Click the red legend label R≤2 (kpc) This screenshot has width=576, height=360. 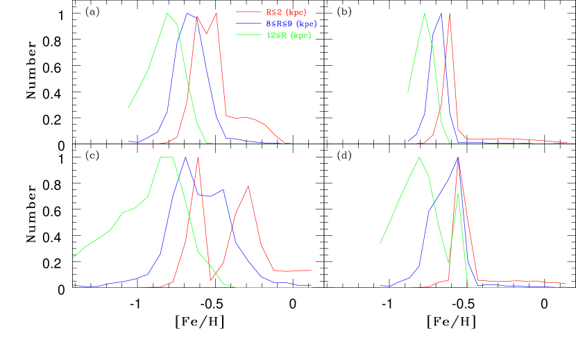[x=287, y=12]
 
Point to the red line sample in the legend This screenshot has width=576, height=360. [x=248, y=12]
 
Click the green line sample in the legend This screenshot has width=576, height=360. [x=248, y=35]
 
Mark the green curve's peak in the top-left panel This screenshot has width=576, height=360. [x=167, y=13]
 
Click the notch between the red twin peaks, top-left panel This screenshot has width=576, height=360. [x=207, y=33]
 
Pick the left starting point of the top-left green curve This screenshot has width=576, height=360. [x=128, y=108]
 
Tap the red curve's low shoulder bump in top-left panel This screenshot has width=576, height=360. [x=246, y=117]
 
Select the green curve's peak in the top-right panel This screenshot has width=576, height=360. [x=424, y=13]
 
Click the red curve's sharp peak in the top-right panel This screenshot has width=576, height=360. [x=450, y=13]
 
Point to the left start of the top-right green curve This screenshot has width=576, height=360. [x=408, y=92]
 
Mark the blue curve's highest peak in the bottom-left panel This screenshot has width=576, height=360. [x=185, y=157]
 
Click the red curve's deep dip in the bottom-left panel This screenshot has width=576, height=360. [x=211, y=280]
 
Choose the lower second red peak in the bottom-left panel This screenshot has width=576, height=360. [x=248, y=186]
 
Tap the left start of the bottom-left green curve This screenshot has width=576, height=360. [x=73, y=258]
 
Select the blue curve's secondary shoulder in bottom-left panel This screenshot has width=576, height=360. [x=222, y=189]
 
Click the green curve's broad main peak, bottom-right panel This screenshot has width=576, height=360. [x=418, y=157]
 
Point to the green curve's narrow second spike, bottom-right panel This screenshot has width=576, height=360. [x=458, y=194]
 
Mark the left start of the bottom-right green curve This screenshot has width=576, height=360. [x=380, y=243]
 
